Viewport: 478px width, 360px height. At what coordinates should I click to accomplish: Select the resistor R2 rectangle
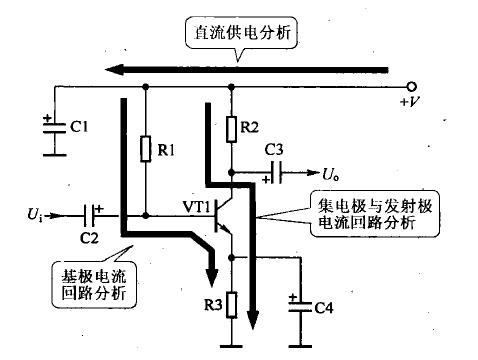tap(232, 127)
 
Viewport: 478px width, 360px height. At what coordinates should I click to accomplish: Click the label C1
tap(81, 127)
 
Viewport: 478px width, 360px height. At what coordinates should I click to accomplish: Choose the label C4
tap(323, 309)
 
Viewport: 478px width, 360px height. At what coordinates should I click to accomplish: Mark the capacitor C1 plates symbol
tap(50, 129)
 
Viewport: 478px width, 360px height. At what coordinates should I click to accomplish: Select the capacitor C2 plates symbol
tap(93, 214)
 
